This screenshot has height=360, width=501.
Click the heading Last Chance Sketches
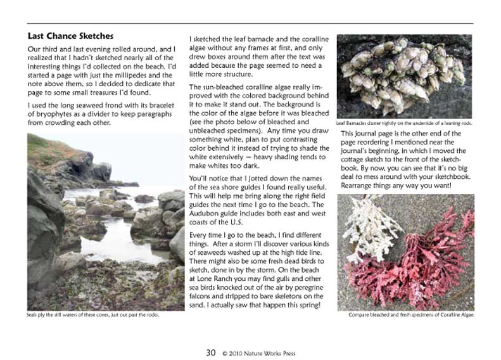click(x=70, y=35)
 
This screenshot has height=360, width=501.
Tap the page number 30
click(x=211, y=353)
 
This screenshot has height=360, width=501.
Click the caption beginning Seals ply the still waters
click(x=92, y=315)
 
